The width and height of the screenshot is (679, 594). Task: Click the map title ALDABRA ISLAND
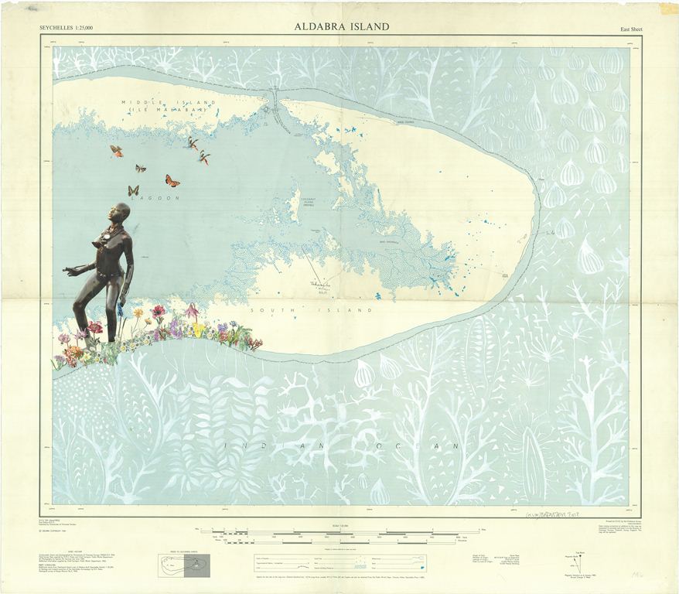[341, 26]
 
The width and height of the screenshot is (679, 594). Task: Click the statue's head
[118, 213]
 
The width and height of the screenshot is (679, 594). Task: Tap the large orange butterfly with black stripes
[172, 181]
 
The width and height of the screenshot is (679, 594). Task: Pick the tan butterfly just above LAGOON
[133, 190]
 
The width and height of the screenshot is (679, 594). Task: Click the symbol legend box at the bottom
[340, 561]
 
